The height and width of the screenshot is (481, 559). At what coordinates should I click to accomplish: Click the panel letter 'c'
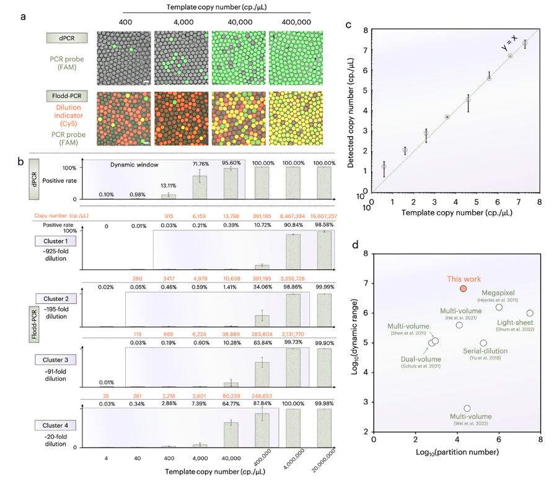pos(349,25)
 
